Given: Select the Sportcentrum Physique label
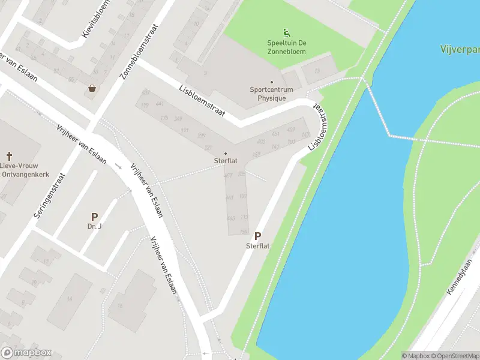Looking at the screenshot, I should tap(272, 94).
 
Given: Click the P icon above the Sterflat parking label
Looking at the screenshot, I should tap(258, 237).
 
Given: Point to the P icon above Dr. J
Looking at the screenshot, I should tap(94, 217).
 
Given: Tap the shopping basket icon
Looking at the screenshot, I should tap(92, 88).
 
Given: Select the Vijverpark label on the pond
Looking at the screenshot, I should tap(460, 49).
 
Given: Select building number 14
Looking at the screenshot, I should tap(69, 298).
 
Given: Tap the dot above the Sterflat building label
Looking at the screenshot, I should tap(226, 153).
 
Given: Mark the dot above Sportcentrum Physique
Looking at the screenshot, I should tap(271, 82).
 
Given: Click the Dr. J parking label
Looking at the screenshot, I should tap(94, 227).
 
